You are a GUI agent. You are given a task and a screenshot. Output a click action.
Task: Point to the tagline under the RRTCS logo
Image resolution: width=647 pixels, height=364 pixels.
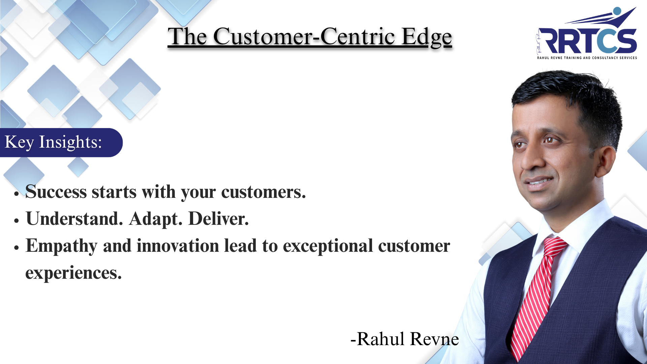tap(587, 58)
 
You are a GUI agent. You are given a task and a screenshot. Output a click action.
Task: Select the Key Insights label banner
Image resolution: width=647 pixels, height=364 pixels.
tap(61, 142)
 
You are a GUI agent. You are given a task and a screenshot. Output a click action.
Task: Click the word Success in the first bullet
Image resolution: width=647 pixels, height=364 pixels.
tap(56, 192)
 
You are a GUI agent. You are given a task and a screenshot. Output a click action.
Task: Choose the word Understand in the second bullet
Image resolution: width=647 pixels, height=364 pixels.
tap(74, 219)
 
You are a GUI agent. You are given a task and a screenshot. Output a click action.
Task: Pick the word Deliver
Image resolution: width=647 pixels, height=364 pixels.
tap(218, 219)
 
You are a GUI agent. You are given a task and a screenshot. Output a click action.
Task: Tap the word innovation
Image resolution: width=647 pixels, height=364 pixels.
tap(178, 245)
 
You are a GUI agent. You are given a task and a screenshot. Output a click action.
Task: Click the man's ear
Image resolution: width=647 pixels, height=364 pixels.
tap(605, 161)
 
